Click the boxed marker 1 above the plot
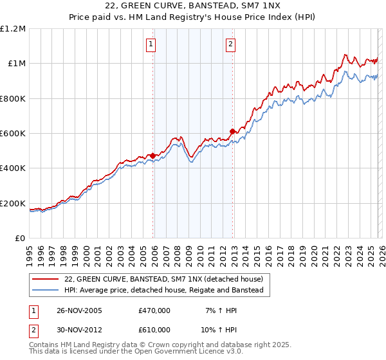(151, 44)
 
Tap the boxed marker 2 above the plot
(230, 44)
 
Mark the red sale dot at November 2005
(153, 156)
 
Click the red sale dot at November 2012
(233, 131)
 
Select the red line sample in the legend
(46, 280)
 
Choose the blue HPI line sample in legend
(46, 291)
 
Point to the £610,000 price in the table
(154, 329)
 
